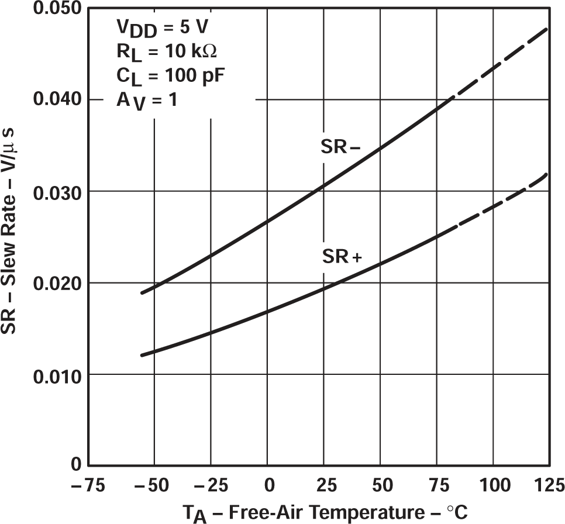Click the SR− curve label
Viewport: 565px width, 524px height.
point(340,148)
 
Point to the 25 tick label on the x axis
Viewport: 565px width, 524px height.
point(323,485)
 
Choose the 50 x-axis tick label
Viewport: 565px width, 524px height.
point(380,485)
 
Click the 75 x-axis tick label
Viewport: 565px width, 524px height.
point(437,485)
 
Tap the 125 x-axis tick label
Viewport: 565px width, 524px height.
point(547,485)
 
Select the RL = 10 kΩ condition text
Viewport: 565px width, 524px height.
point(166,52)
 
